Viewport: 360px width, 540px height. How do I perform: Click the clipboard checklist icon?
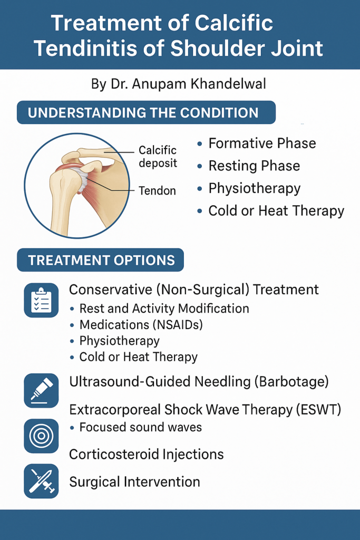coord(41,300)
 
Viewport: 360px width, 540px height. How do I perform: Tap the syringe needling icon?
coord(41,391)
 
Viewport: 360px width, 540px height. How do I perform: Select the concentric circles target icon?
coord(41,436)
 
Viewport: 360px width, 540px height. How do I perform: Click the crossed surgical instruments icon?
coord(41,481)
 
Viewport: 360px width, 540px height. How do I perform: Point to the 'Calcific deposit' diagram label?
coord(158,157)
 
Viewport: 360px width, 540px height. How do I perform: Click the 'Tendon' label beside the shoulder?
coord(157,190)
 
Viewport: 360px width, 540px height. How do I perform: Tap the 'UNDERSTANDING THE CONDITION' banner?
coord(147,113)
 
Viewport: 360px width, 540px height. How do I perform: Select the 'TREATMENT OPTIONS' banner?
coord(101,260)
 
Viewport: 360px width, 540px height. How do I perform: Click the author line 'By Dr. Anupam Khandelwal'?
coord(179,84)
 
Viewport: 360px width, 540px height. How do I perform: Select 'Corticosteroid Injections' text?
coord(147,454)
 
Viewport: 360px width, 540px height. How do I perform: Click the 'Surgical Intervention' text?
coord(134,482)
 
